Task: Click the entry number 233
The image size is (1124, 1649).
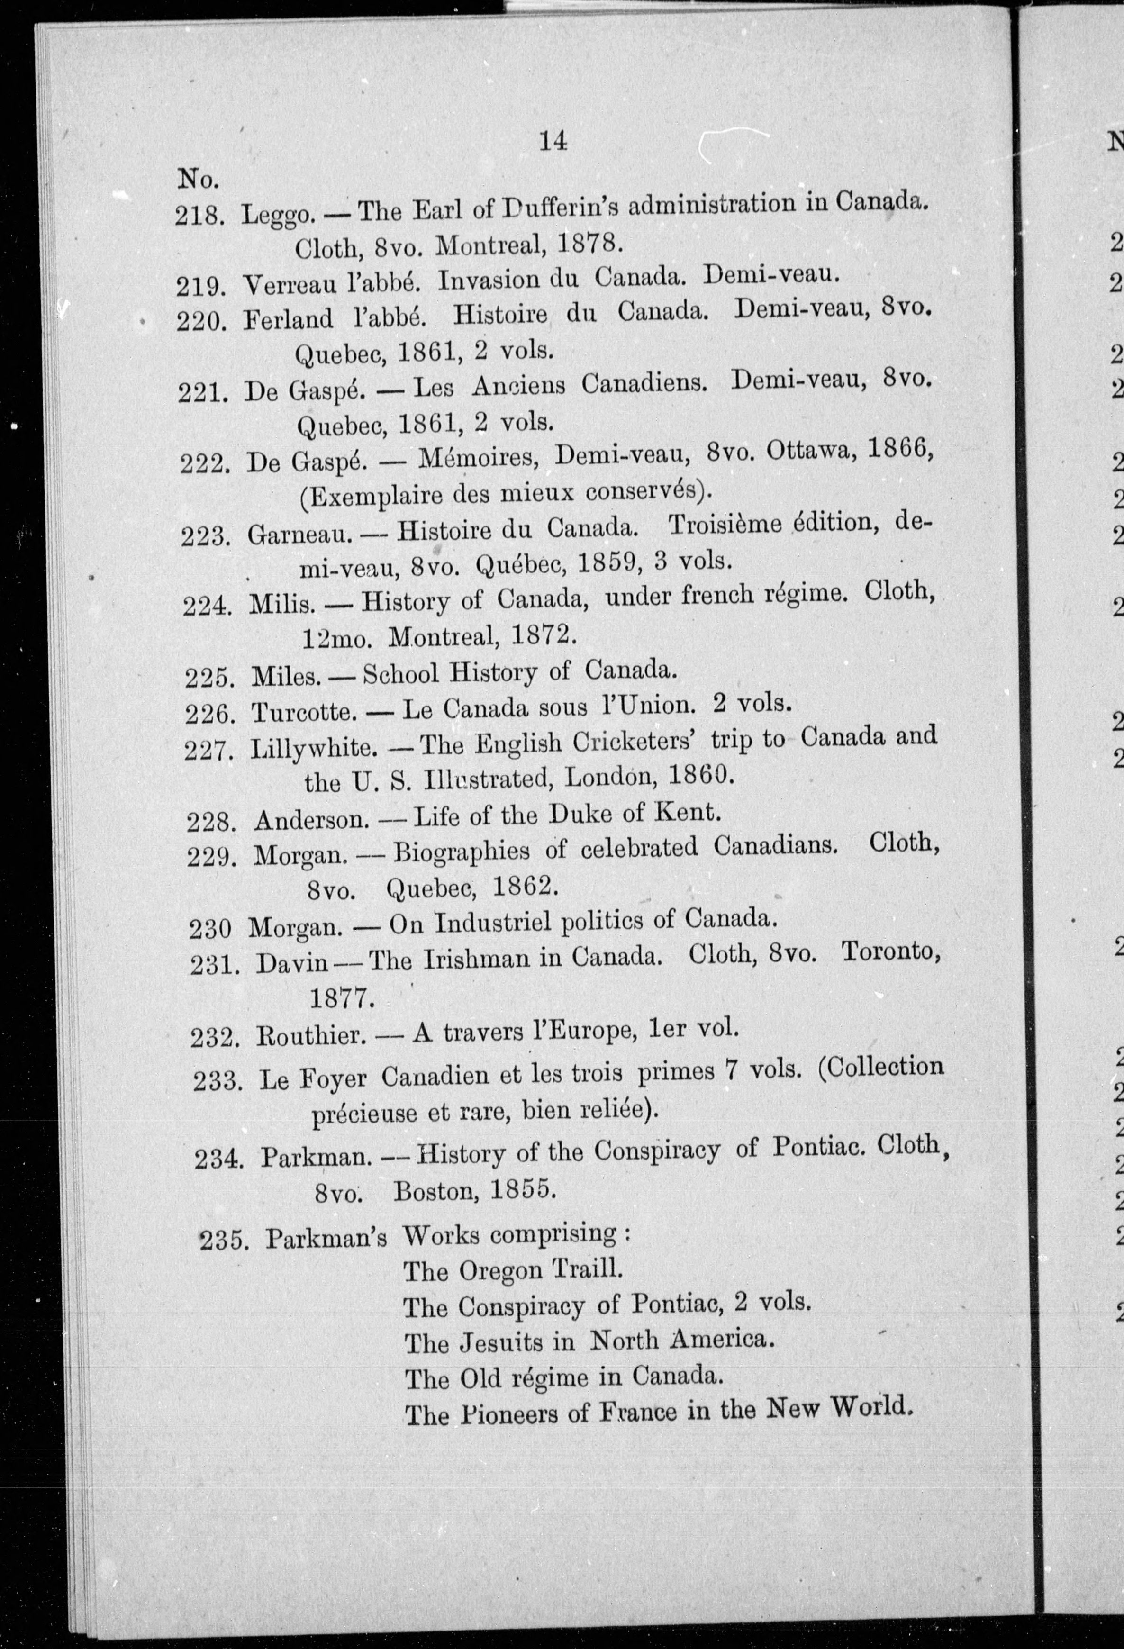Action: pos(217,1081)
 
